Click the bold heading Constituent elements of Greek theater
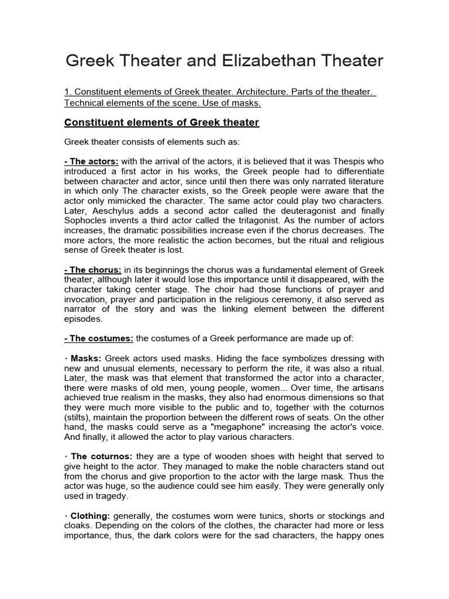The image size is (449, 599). (161, 122)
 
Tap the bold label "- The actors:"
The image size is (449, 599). (92, 161)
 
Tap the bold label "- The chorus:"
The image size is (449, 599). (93, 270)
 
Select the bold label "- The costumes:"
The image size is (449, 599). (99, 339)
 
